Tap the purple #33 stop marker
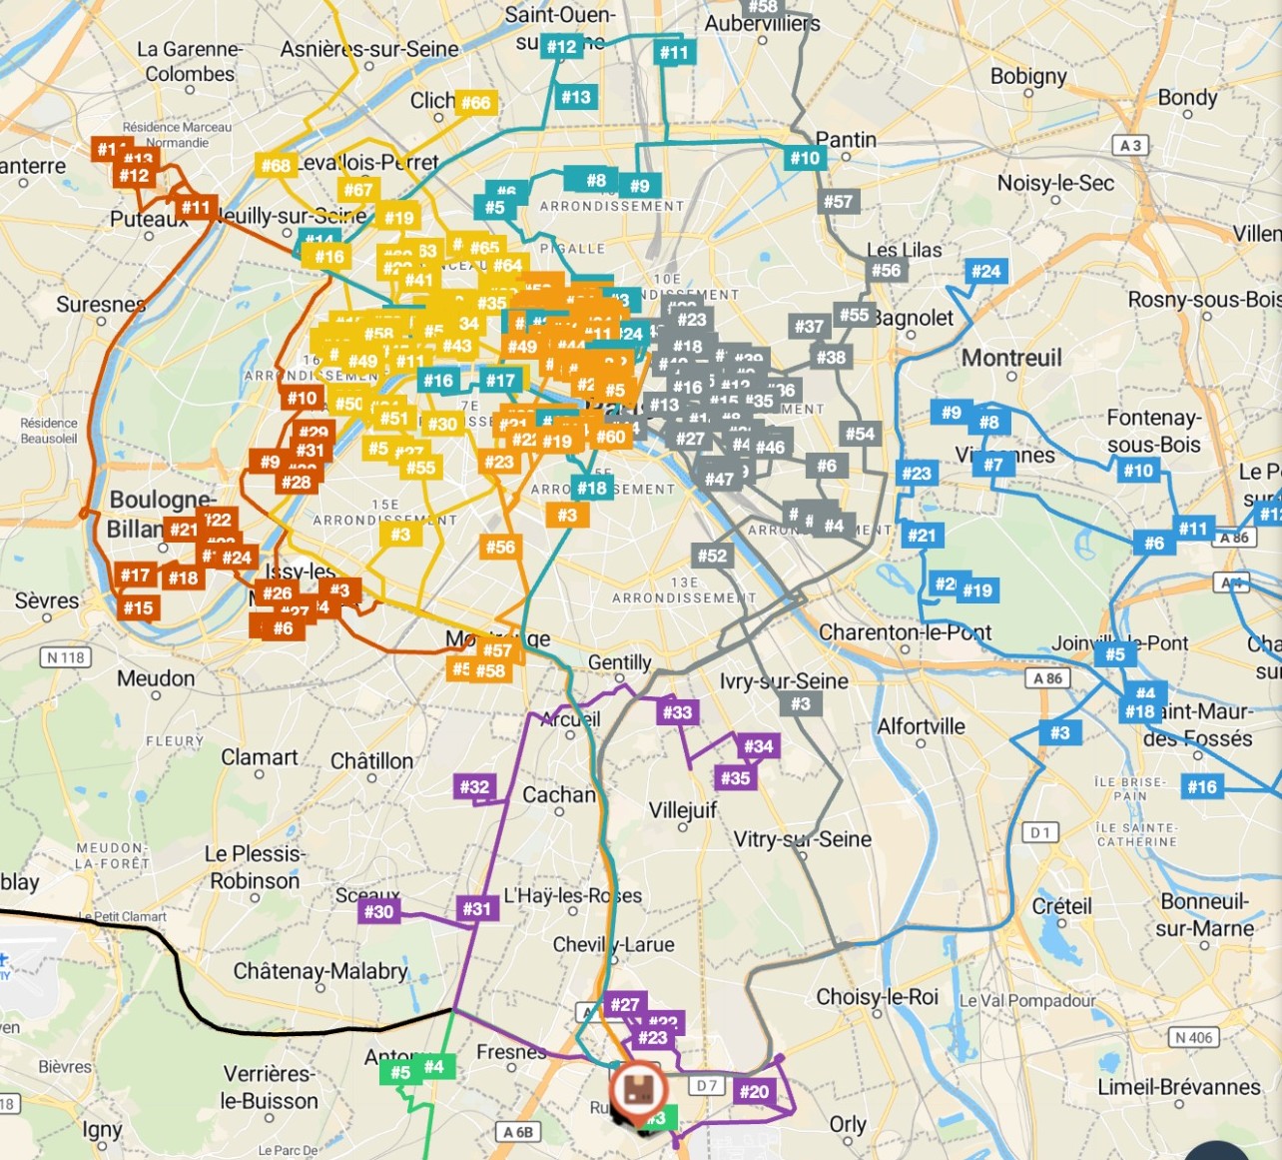pyautogui.click(x=677, y=712)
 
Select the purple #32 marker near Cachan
pyautogui.click(x=474, y=787)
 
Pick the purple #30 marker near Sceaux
pyautogui.click(x=378, y=911)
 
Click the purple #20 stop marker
pyautogui.click(x=754, y=1092)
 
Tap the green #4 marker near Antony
pyautogui.click(x=434, y=1067)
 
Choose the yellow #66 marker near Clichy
pyautogui.click(x=475, y=103)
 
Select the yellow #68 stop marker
pyautogui.click(x=276, y=166)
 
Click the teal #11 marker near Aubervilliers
pyautogui.click(x=674, y=53)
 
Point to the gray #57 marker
pyautogui.click(x=838, y=202)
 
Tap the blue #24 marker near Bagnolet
pyautogui.click(x=985, y=271)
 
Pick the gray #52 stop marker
pyautogui.click(x=712, y=556)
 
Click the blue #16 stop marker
pyautogui.click(x=1202, y=786)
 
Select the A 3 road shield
pyautogui.click(x=1130, y=146)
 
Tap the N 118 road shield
pyautogui.click(x=66, y=657)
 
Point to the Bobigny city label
pyautogui.click(x=1028, y=76)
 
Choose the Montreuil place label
pyautogui.click(x=1011, y=358)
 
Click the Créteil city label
pyautogui.click(x=1061, y=906)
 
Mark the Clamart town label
pyautogui.click(x=259, y=757)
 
